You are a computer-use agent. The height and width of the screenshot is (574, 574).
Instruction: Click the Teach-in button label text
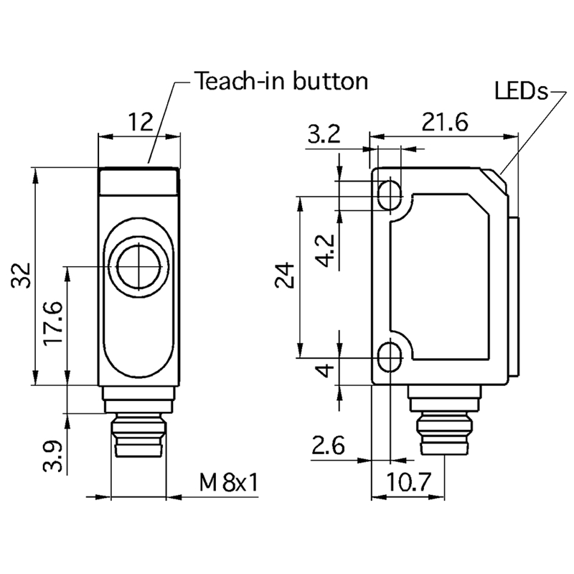point(281,80)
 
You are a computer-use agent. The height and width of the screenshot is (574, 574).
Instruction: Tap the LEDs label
point(521,92)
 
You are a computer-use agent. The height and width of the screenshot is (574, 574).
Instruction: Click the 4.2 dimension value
point(325,250)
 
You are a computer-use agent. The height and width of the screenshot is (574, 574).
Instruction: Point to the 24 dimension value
point(285,275)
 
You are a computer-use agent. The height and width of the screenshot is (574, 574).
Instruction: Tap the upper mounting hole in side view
point(390,193)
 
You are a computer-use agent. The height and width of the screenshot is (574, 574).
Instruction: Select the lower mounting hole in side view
point(390,354)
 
